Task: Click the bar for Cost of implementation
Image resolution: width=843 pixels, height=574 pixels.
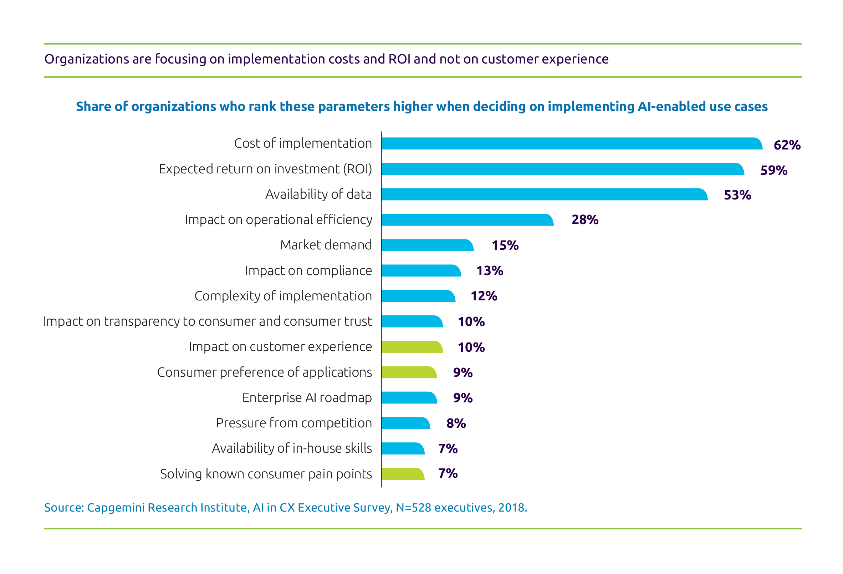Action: click(x=571, y=144)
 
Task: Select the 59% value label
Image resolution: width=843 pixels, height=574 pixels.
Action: click(x=774, y=170)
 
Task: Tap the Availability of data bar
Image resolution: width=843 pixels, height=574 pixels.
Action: click(x=544, y=194)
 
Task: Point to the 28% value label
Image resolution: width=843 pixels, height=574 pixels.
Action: click(x=585, y=219)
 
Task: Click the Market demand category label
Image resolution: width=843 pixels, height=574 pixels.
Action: click(x=326, y=245)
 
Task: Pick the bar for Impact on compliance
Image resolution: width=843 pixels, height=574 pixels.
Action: click(x=421, y=271)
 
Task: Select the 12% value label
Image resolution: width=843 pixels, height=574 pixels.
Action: click(x=484, y=296)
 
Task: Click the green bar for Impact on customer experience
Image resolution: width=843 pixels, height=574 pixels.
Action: click(x=412, y=347)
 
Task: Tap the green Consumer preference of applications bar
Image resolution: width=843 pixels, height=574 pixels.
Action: click(x=409, y=372)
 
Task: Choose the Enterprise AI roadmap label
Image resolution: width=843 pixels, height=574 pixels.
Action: click(x=307, y=398)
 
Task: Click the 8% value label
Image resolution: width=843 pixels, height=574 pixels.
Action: click(x=456, y=423)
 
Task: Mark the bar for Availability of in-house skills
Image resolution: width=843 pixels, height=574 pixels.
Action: click(x=403, y=448)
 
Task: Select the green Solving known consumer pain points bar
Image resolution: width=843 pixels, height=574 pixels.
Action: click(x=403, y=474)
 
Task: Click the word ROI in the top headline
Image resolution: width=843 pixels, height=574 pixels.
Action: click(x=399, y=59)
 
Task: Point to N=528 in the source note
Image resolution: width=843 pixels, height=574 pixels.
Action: click(x=413, y=507)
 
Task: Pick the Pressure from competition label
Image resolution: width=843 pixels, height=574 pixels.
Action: click(x=294, y=423)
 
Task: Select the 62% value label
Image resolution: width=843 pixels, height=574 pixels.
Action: click(x=787, y=145)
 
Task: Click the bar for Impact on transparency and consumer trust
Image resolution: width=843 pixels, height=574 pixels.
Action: click(x=412, y=321)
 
